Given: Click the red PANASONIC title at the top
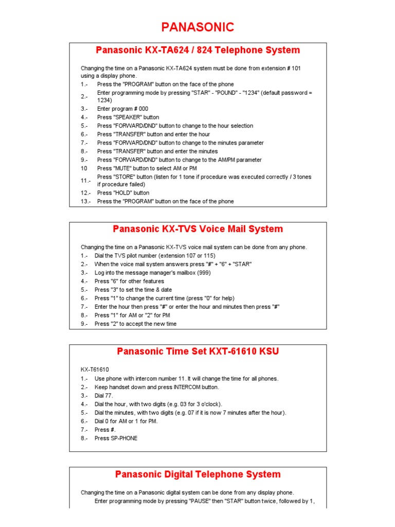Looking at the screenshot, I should pyautogui.click(x=197, y=27).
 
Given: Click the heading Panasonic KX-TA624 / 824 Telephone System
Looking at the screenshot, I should pyautogui.click(x=197, y=50).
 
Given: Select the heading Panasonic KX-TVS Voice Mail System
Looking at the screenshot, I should pyautogui.click(x=197, y=229).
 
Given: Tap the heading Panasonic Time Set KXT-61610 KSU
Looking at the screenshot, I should pyautogui.click(x=197, y=352).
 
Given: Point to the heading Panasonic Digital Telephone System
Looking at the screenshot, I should pyautogui.click(x=197, y=474).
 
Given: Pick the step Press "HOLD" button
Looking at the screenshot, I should pyautogui.click(x=123, y=193).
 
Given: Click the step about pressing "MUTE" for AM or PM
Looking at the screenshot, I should pyautogui.click(x=147, y=168).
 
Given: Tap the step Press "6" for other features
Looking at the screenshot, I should pyautogui.click(x=129, y=282).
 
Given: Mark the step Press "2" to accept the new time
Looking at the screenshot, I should pyautogui.click(x=135, y=324).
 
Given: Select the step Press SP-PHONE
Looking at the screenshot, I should pyautogui.click(x=116, y=438).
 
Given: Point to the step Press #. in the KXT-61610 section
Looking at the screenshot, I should pyautogui.click(x=102, y=430).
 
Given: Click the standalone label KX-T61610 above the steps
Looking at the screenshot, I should pyautogui.click(x=95, y=370).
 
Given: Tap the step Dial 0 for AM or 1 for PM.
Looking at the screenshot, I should pyautogui.click(x=126, y=421).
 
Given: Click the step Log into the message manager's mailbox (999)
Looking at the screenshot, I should pyautogui.click(x=153, y=273).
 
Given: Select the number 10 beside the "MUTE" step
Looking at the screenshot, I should pyautogui.click(x=84, y=168).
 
